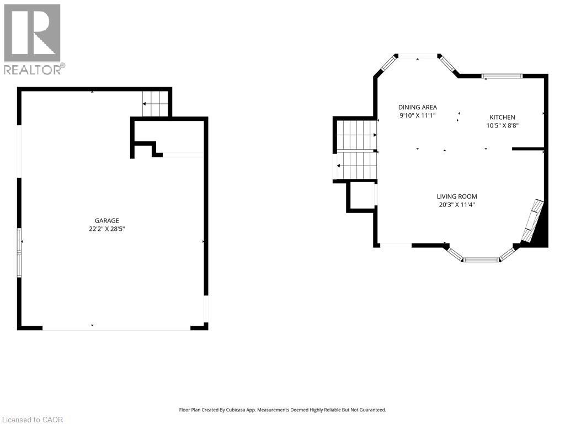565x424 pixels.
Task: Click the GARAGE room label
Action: (106, 220)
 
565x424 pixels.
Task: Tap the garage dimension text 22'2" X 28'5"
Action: (106, 229)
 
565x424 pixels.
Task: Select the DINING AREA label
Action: (417, 107)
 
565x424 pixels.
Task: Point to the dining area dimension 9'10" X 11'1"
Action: (417, 115)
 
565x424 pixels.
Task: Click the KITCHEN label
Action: (502, 117)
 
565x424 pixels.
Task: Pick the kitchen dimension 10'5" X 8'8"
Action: (502, 125)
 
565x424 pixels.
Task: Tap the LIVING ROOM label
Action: (456, 197)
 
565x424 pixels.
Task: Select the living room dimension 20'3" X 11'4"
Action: (456, 205)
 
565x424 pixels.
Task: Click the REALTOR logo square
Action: (32, 33)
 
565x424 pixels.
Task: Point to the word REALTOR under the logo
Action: (33, 70)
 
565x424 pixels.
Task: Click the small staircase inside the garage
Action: (155, 104)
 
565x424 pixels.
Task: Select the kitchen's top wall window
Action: (502, 76)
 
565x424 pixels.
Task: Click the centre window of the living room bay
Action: (481, 259)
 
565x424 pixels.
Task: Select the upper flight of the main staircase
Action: (357, 135)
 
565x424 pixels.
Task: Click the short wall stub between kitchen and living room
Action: (528, 149)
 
